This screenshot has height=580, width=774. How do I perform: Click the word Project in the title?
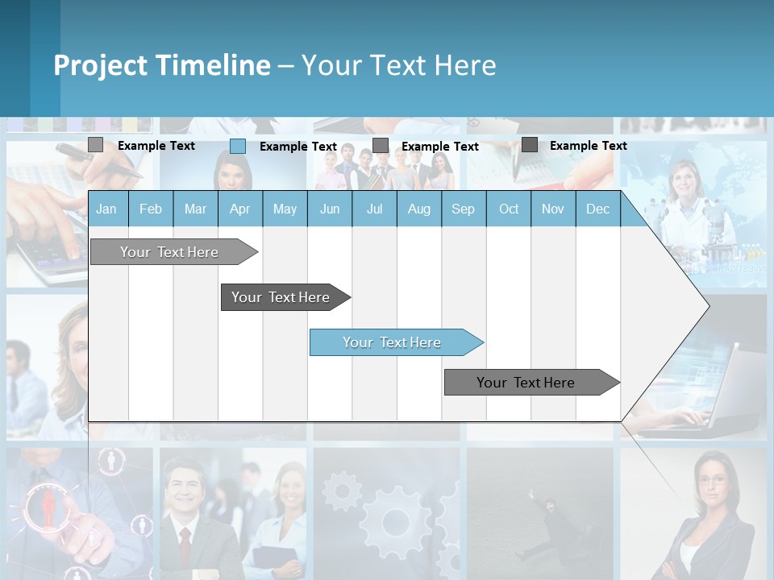tap(101, 65)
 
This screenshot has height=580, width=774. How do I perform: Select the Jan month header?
tap(106, 209)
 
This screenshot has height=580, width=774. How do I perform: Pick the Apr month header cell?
tap(240, 209)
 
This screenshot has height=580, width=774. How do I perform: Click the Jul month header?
tap(374, 209)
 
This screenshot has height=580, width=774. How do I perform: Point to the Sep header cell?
tap(463, 209)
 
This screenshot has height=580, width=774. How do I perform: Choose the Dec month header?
tap(597, 209)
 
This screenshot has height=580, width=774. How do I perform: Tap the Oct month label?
tap(509, 209)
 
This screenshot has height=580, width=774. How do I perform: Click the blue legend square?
tap(238, 146)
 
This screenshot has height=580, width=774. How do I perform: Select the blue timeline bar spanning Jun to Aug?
tap(392, 342)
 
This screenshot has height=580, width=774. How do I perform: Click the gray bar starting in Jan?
tap(169, 252)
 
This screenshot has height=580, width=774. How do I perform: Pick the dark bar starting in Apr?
tap(281, 297)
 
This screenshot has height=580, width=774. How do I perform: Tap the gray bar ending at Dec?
tap(526, 383)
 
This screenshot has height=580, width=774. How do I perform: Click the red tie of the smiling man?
tap(185, 544)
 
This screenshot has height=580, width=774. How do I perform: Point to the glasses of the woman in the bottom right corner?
tap(712, 481)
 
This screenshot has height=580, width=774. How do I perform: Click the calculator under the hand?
tap(40, 254)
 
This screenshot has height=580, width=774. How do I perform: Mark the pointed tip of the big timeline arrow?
tap(709, 305)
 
